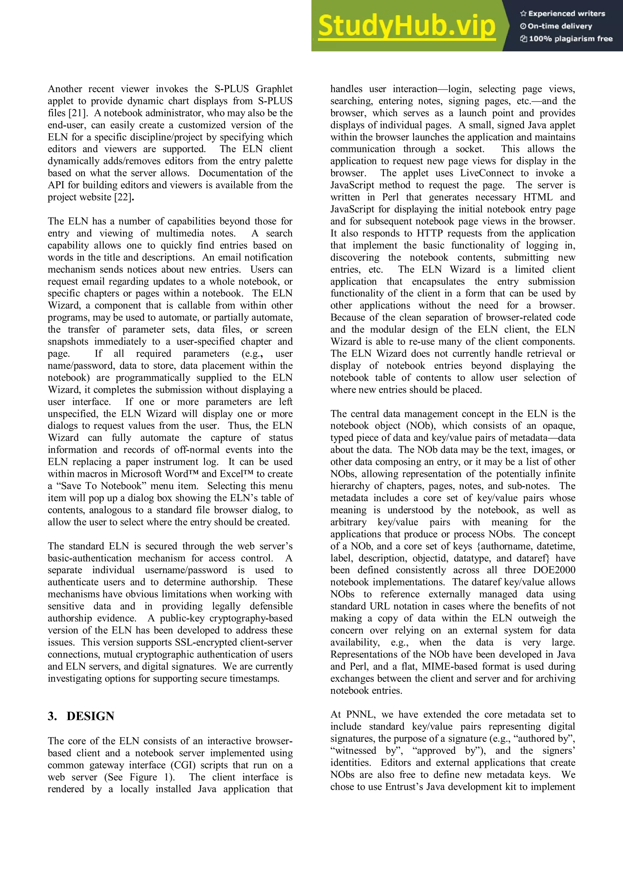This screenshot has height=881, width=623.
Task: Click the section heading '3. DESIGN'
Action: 81,716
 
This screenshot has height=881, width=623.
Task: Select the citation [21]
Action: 77,113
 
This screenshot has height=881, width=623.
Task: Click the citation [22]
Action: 123,197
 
